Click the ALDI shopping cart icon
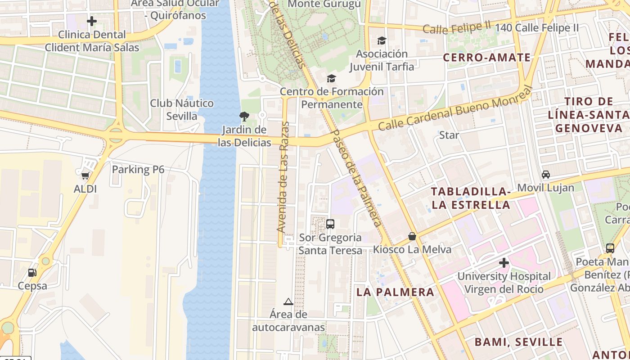pyautogui.click(x=85, y=175)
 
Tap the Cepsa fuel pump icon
pyautogui.click(x=32, y=272)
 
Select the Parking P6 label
pyautogui.click(x=138, y=170)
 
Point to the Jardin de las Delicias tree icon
pyautogui.click(x=244, y=117)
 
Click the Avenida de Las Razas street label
pyautogui.click(x=283, y=176)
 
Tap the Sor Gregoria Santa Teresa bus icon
pyautogui.click(x=330, y=224)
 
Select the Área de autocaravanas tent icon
pyautogui.click(x=288, y=301)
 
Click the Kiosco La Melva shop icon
pyautogui.click(x=412, y=236)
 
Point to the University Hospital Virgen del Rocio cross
pyautogui.click(x=504, y=262)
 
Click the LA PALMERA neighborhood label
pyautogui.click(x=395, y=292)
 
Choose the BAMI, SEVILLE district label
pyautogui.click(x=518, y=342)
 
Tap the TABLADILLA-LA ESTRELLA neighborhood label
pyautogui.click(x=471, y=198)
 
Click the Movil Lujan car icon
pyautogui.click(x=546, y=174)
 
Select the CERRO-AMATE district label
pyautogui.click(x=487, y=58)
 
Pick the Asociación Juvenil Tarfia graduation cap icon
pyautogui.click(x=382, y=40)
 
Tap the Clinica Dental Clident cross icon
pyautogui.click(x=92, y=21)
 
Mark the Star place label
pyautogui.click(x=449, y=135)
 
